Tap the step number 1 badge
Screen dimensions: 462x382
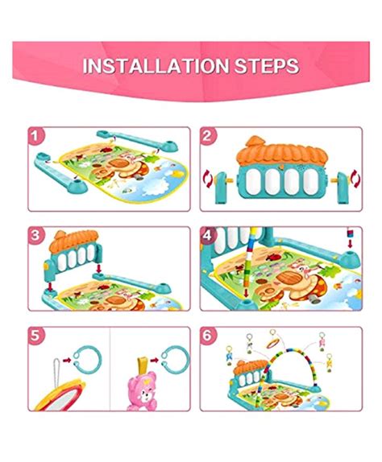(x=35, y=138)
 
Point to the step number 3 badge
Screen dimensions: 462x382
(x=35, y=236)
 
